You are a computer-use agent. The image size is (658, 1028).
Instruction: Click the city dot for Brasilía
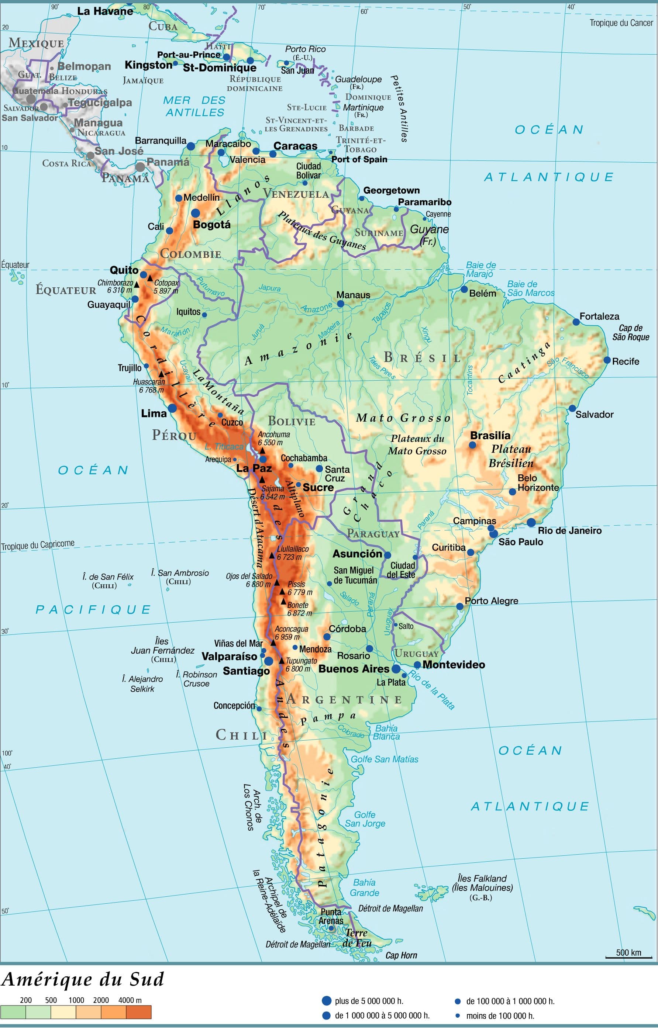tap(472, 445)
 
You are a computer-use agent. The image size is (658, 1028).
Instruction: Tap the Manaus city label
tap(353, 295)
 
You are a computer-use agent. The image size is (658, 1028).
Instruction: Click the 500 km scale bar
tap(628, 958)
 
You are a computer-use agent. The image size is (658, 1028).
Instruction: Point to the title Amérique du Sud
tap(82, 980)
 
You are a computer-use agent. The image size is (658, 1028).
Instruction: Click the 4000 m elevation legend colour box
tap(139, 1012)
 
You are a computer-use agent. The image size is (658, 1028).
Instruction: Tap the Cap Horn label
tap(401, 955)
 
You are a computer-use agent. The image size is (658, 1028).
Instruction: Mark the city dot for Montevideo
tap(417, 665)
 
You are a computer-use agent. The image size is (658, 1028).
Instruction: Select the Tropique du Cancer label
tap(621, 23)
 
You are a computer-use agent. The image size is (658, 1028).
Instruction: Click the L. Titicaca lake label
tap(224, 446)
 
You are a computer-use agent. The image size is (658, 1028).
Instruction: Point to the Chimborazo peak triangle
tap(137, 284)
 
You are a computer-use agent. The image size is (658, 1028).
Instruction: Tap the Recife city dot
tap(607, 360)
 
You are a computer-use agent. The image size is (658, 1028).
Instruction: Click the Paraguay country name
tap(373, 533)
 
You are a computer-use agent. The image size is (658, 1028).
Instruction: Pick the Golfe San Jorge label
tap(365, 819)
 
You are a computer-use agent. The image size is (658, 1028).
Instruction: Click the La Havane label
tap(105, 11)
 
